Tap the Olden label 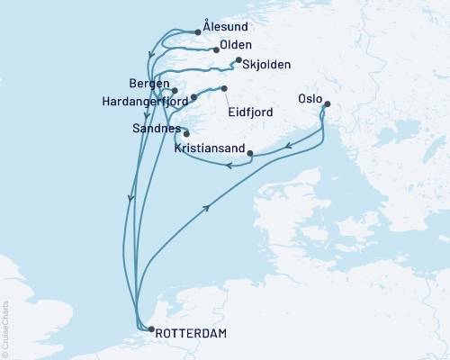pyautogui.click(x=236, y=45)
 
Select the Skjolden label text pyautogui.click(x=265, y=64)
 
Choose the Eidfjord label pyautogui.click(x=252, y=114)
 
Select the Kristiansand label pyautogui.click(x=203, y=145)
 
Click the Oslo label pyautogui.click(x=310, y=97)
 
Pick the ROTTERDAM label pyautogui.click(x=192, y=334)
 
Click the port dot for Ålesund pyautogui.click(x=197, y=31)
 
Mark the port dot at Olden pyautogui.click(x=216, y=49)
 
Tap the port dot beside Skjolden pyautogui.click(x=238, y=60)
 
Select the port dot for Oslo pyautogui.click(x=327, y=104)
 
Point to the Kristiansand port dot pyautogui.click(x=249, y=152)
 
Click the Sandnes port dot pyautogui.click(x=186, y=134)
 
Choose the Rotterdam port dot pyautogui.click(x=150, y=329)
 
